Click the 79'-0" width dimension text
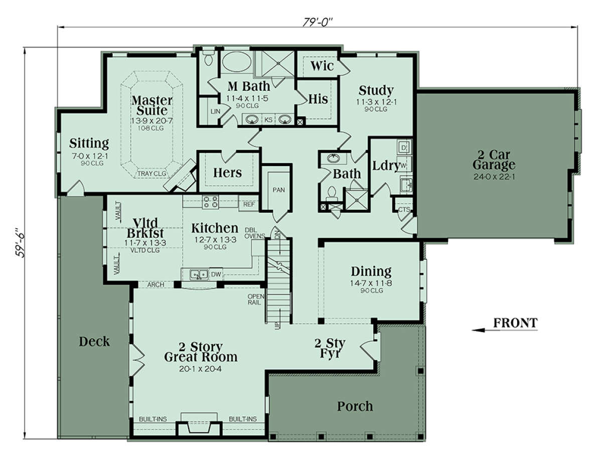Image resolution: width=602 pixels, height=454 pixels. coord(318,22)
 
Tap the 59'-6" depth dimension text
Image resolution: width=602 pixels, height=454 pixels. coord(20,242)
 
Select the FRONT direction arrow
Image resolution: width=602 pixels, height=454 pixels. coord(505,330)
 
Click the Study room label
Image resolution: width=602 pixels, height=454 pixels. coord(376,90)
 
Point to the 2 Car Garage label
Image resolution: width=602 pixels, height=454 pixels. coord(494,160)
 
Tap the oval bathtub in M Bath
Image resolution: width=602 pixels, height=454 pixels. coord(236,62)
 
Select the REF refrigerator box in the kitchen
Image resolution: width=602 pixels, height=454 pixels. coord(249,204)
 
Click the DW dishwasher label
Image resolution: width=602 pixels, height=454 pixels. coord(216,274)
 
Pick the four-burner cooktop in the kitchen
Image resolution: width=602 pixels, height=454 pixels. coord(210,202)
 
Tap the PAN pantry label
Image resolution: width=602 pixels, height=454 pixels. coord(278,190)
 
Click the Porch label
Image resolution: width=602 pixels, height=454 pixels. coord(355,406)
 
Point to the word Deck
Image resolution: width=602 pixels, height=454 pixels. coord(94,341)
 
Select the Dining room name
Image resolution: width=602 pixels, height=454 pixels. coord(371,271)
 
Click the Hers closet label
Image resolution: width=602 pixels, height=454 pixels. coord(227,173)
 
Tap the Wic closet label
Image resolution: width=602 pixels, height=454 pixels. coord(322,66)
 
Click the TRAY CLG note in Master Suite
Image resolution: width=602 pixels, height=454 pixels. coord(152,174)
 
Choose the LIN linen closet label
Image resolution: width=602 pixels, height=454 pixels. coord(215,111)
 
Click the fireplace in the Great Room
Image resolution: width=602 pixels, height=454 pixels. coord(199,425)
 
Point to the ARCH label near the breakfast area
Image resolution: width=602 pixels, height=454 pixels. coord(156,284)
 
